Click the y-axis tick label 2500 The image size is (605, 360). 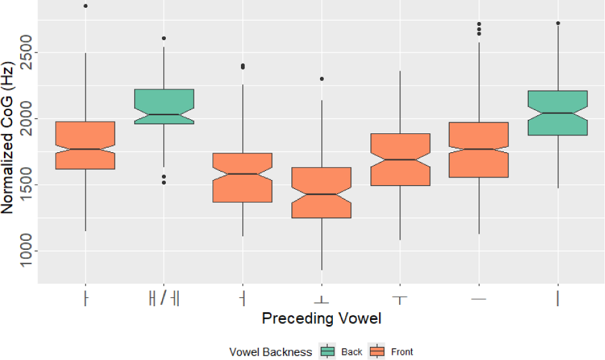point(26,53)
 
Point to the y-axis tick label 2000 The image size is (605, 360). point(26,119)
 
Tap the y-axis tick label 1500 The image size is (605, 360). point(26,185)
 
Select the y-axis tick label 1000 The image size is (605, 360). point(26,251)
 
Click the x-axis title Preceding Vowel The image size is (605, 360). point(321,319)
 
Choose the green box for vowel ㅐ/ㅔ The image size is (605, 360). point(164,106)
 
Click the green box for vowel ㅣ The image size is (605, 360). point(558,113)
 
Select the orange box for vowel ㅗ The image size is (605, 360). point(321,192)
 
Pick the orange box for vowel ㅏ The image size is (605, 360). point(86,145)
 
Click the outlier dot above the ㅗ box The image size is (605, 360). point(321,79)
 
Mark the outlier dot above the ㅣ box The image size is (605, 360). point(558,23)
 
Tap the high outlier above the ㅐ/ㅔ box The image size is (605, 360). point(164,39)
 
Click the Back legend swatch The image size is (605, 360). point(328,352)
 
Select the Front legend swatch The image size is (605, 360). point(377,352)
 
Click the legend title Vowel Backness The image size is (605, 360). point(271,352)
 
